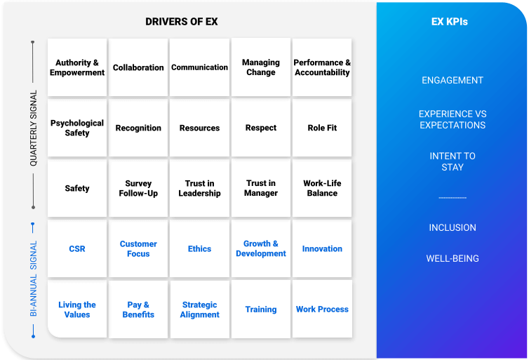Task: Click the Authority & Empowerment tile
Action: pyautogui.click(x=77, y=67)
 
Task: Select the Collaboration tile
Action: pyautogui.click(x=138, y=67)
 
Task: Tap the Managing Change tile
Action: pyautogui.click(x=261, y=67)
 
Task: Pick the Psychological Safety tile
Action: pyautogui.click(x=77, y=128)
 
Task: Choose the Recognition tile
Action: pyautogui.click(x=138, y=128)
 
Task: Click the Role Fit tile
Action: pyautogui.click(x=322, y=128)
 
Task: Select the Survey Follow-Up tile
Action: pyautogui.click(x=138, y=188)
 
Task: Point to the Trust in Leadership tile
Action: pyautogui.click(x=199, y=188)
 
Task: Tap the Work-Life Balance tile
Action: pyautogui.click(x=322, y=188)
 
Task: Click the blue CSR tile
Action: pyautogui.click(x=77, y=248)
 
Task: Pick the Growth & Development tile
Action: pyautogui.click(x=261, y=248)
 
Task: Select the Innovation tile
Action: pyautogui.click(x=322, y=248)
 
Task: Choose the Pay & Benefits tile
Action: pyautogui.click(x=138, y=309)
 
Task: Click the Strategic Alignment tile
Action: pyautogui.click(x=199, y=309)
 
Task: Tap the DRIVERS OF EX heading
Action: pyautogui.click(x=182, y=22)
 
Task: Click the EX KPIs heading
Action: pyautogui.click(x=450, y=22)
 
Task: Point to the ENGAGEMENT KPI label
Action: pyautogui.click(x=453, y=80)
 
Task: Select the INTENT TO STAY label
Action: pyautogui.click(x=453, y=161)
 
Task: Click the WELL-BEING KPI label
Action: pyautogui.click(x=453, y=258)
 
